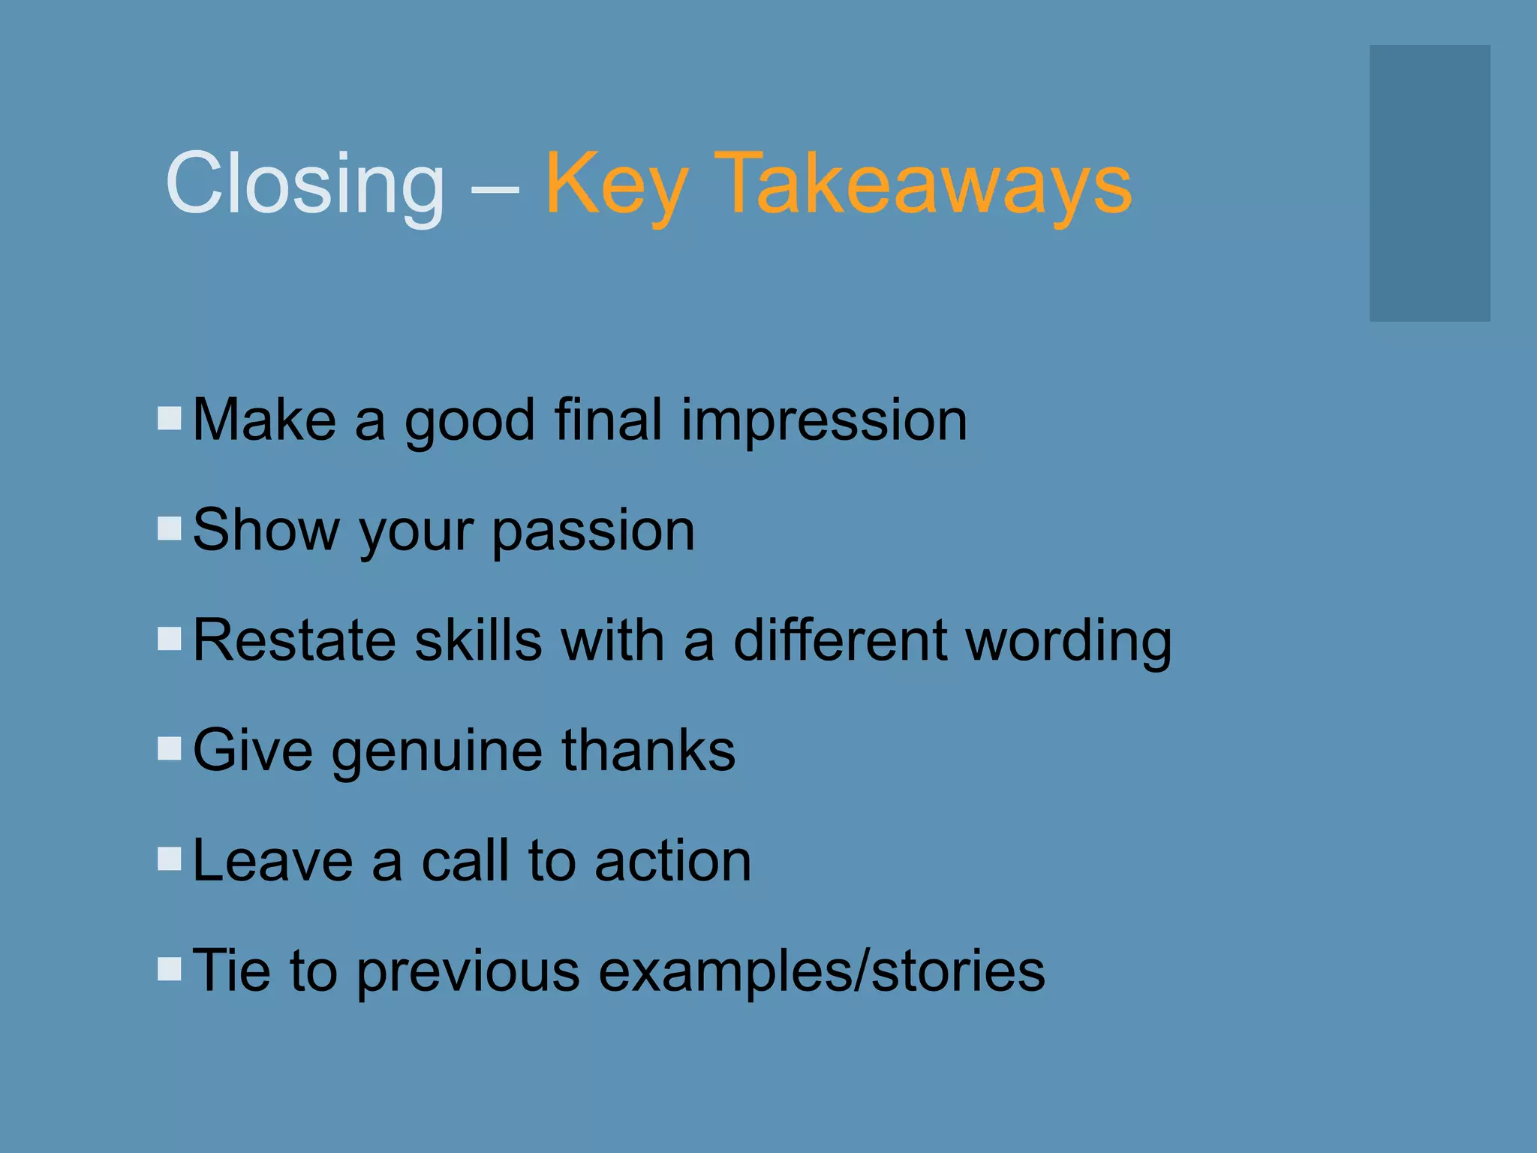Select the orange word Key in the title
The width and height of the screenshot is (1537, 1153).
pyautogui.click(x=615, y=184)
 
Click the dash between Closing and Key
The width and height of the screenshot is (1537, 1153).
pyautogui.click(x=495, y=188)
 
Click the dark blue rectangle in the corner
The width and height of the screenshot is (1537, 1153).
pyautogui.click(x=1429, y=183)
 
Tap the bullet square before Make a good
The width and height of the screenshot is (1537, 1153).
pyautogui.click(x=170, y=418)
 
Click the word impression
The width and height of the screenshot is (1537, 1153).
pyautogui.click(x=823, y=421)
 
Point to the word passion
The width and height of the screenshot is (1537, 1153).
pyautogui.click(x=593, y=531)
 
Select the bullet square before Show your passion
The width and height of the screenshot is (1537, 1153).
pyautogui.click(x=170, y=528)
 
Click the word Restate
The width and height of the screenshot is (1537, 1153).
pyautogui.click(x=293, y=640)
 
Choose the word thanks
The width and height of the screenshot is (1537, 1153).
pyautogui.click(x=648, y=750)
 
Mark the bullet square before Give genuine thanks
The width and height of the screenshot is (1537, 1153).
pyautogui.click(x=170, y=748)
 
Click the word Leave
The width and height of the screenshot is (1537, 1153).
pyautogui.click(x=272, y=860)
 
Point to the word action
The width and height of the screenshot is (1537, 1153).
pyautogui.click(x=672, y=860)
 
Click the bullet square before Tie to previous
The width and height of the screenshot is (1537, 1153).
pyautogui.click(x=170, y=968)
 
